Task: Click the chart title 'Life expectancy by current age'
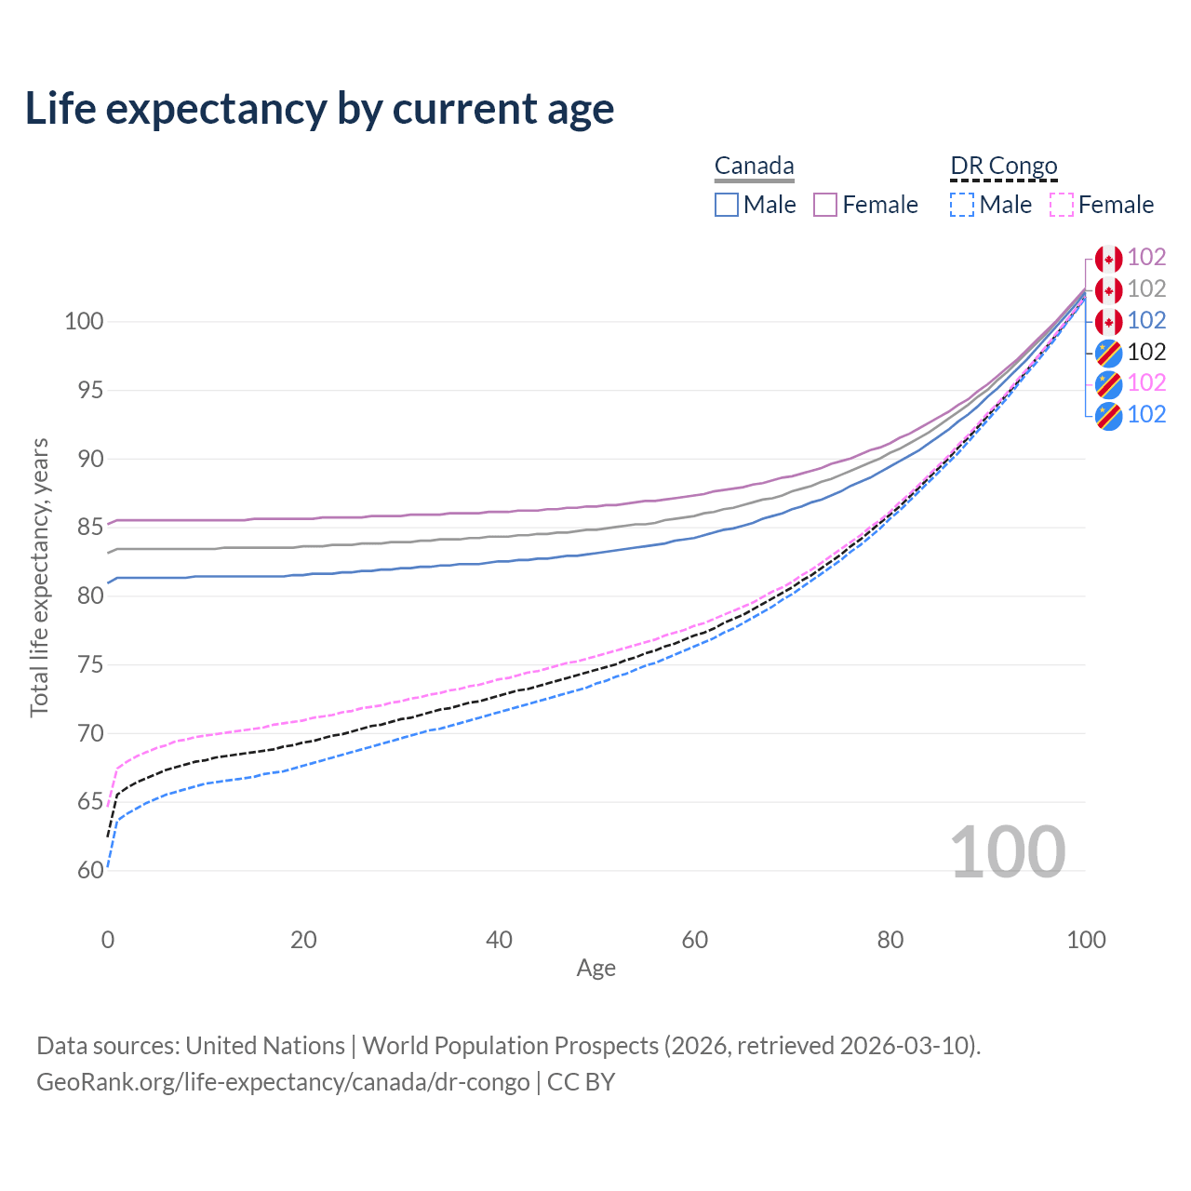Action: pyautogui.click(x=319, y=109)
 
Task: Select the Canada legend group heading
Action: pyautogui.click(x=754, y=167)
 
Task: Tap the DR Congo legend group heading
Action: pyautogui.click(x=1004, y=167)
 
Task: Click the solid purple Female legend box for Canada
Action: pyautogui.click(x=825, y=205)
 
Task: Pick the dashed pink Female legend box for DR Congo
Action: pyautogui.click(x=1062, y=205)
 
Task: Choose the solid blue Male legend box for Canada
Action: pyautogui.click(x=727, y=205)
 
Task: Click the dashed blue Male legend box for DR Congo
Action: pyautogui.click(x=962, y=205)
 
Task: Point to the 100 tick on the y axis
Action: pyautogui.click(x=83, y=322)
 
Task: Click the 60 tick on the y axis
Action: pyautogui.click(x=89, y=871)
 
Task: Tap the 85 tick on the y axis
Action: pyautogui.click(x=89, y=528)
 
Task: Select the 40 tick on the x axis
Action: pyautogui.click(x=499, y=940)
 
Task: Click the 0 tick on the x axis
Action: pyautogui.click(x=108, y=940)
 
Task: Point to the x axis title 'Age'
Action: pyautogui.click(x=595, y=969)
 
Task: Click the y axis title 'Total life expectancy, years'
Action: pyautogui.click(x=39, y=577)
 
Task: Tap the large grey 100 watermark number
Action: pyautogui.click(x=1008, y=852)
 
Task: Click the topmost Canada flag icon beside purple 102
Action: pyautogui.click(x=1108, y=259)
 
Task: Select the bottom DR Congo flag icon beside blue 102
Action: pyautogui.click(x=1108, y=415)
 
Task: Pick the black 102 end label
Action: pyautogui.click(x=1146, y=352)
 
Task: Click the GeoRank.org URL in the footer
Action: pyautogui.click(x=283, y=1082)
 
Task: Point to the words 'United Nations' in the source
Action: pyautogui.click(x=265, y=1046)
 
